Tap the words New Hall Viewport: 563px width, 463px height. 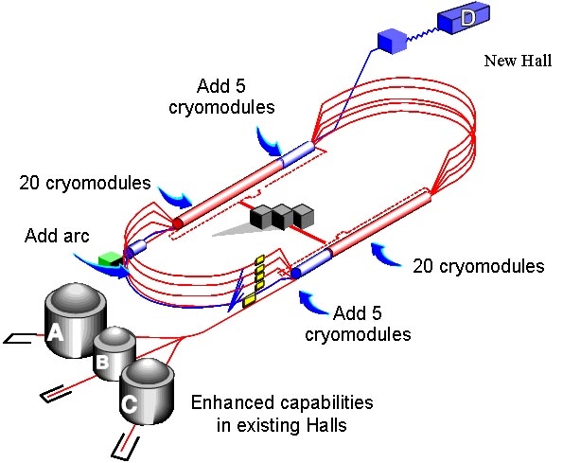[518, 61]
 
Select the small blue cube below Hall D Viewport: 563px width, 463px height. [392, 41]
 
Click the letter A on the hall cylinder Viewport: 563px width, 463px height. [55, 331]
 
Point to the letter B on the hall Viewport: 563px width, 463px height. [102, 362]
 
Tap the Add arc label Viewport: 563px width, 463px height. [57, 236]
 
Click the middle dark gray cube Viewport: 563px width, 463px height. [282, 217]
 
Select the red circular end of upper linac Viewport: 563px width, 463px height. [177, 223]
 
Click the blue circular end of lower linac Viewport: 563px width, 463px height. [295, 273]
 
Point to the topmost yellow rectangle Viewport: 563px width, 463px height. [260, 258]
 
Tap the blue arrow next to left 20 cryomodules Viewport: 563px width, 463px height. [176, 198]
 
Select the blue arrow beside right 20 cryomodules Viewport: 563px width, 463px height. [386, 254]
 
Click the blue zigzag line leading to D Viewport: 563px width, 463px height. [422, 34]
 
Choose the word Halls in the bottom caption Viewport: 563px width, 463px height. [326, 426]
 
